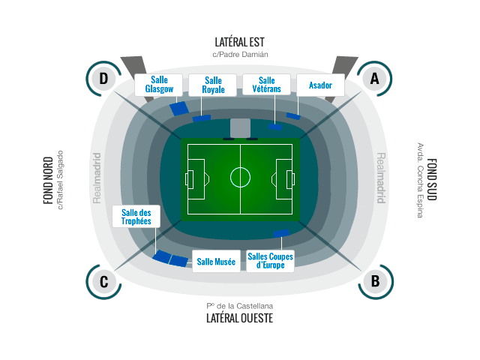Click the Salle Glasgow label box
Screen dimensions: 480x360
tap(158, 85)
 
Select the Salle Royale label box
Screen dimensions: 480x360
tap(213, 85)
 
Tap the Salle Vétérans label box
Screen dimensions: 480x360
tap(267, 85)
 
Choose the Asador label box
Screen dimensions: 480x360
tap(320, 85)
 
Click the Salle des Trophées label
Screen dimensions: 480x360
tap(136, 217)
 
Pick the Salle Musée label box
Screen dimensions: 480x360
tap(216, 262)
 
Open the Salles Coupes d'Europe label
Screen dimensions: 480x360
tap(270, 262)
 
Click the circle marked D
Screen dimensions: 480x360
tap(103, 78)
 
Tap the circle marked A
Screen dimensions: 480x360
tap(375, 78)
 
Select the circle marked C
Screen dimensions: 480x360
tap(103, 282)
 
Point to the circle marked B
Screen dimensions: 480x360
tap(375, 282)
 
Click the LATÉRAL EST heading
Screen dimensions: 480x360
tap(239, 42)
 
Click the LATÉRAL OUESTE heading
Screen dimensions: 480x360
tap(240, 318)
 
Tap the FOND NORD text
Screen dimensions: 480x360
tap(48, 181)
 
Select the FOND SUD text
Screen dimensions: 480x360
tap(432, 179)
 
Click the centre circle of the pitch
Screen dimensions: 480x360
tap(240, 177)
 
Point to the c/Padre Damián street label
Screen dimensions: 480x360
tap(240, 55)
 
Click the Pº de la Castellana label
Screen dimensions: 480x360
tap(240, 306)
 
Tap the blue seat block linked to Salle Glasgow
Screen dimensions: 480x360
tap(179, 108)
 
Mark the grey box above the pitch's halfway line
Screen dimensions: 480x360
tap(240, 128)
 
